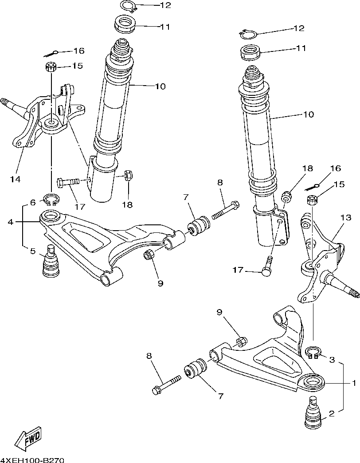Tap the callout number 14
click(16, 179)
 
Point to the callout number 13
click(346, 218)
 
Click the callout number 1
click(354, 382)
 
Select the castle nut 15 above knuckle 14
click(51, 67)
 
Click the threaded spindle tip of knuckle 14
click(7, 102)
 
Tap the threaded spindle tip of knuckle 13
click(353, 294)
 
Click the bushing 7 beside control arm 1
click(195, 369)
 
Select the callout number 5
click(32, 251)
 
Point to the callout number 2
click(331, 415)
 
